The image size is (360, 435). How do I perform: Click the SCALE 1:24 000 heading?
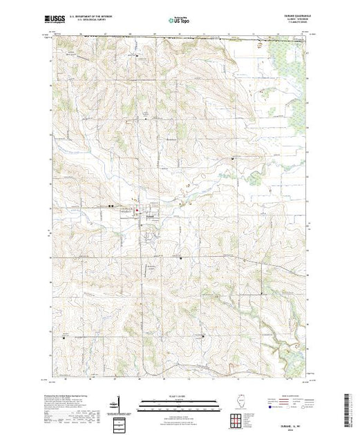pos(180,396)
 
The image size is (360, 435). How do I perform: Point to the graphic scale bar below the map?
pos(180,402)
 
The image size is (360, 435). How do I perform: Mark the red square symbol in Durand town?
pos(137,211)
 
